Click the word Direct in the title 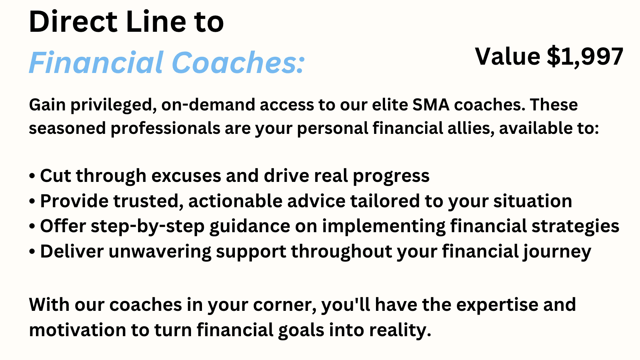tap(73, 22)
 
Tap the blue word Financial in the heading tap(96, 62)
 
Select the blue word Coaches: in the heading tap(238, 62)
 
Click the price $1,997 tap(585, 56)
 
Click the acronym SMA tap(431, 105)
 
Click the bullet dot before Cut tap(32, 176)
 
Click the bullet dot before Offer tap(32, 227)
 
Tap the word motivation tap(78, 330)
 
